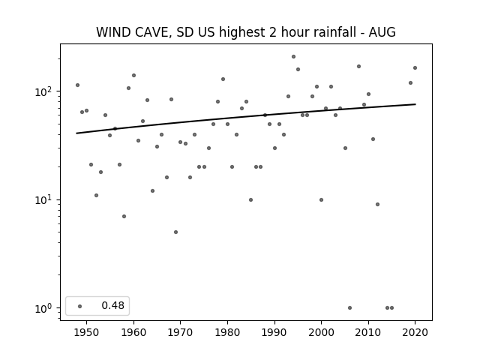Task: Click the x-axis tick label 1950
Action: pyautogui.click(x=87, y=332)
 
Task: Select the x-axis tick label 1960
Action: pyautogui.click(x=133, y=332)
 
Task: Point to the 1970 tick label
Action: pyautogui.click(x=180, y=332)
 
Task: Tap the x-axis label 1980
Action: pyautogui.click(x=227, y=332)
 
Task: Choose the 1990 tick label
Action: pyautogui.click(x=274, y=332)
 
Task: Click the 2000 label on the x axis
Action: pyautogui.click(x=321, y=332)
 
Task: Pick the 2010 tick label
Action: pyautogui.click(x=368, y=332)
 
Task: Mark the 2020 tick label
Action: pyautogui.click(x=415, y=332)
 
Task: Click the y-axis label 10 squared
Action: pyautogui.click(x=45, y=91)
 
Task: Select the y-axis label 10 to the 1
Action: pyautogui.click(x=45, y=200)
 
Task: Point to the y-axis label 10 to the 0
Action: pyautogui.click(x=45, y=308)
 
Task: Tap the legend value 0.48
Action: pyautogui.click(x=113, y=305)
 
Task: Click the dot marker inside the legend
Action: pyautogui.click(x=80, y=306)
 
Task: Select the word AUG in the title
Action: pyautogui.click(x=382, y=32)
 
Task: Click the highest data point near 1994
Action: pyautogui.click(x=293, y=57)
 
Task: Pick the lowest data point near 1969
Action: pyautogui.click(x=175, y=232)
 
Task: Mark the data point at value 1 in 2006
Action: pyautogui.click(x=350, y=308)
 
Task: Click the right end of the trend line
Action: pyautogui.click(x=415, y=104)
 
